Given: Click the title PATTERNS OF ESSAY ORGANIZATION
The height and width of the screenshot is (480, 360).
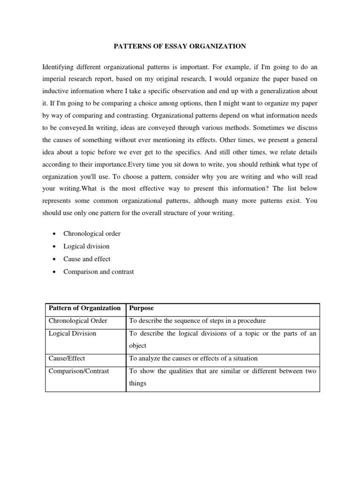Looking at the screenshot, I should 180,46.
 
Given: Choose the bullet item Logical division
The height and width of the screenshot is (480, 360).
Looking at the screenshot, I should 86,246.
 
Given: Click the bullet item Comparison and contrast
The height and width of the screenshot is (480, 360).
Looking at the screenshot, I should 98,271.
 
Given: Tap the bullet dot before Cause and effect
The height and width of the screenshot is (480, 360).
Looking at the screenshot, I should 55,259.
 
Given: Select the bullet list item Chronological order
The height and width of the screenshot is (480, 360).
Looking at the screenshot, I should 92,233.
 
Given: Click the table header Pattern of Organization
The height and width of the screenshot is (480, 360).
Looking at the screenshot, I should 84,308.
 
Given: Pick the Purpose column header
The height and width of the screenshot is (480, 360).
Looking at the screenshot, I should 141,308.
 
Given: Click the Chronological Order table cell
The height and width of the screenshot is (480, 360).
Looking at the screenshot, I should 78,321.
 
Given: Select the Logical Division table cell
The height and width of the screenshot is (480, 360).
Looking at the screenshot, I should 72,333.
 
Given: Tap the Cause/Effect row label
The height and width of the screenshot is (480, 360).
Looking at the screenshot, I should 67,358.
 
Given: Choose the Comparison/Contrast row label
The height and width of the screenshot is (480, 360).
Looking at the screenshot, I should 79,371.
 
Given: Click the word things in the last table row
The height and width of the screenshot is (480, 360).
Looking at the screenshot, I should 137,383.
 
